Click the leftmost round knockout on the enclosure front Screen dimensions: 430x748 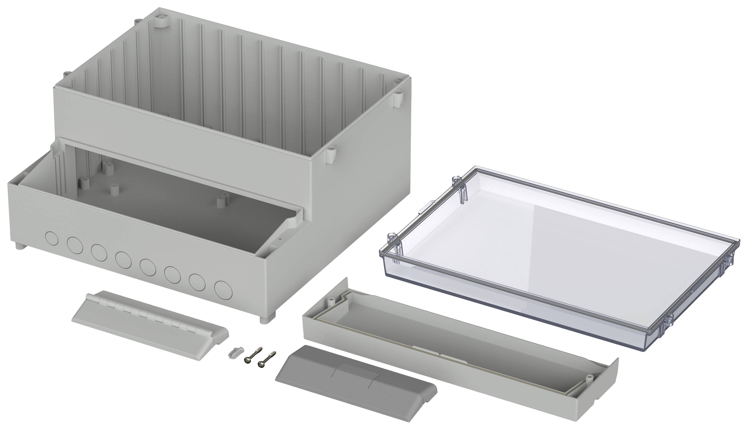52,238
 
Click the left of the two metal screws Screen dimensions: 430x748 252,354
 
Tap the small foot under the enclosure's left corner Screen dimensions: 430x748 19,246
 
